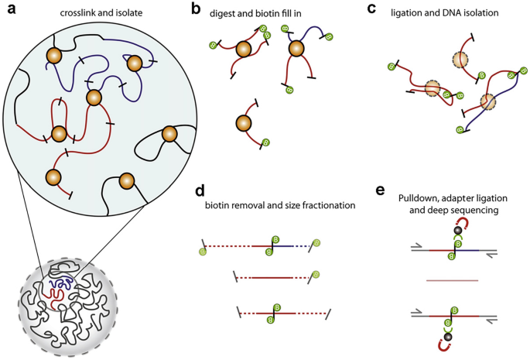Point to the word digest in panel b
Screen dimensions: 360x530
click(x=231, y=11)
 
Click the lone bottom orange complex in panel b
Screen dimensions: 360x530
click(x=244, y=122)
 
